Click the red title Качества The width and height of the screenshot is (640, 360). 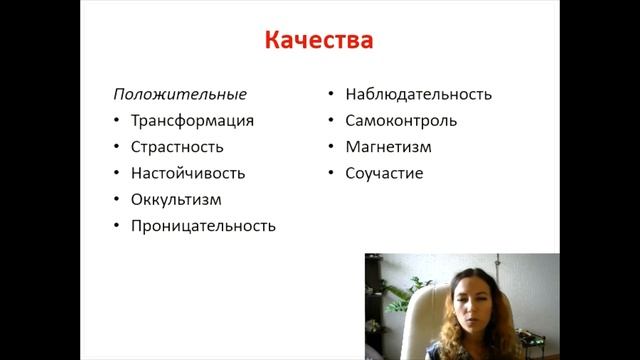click(319, 41)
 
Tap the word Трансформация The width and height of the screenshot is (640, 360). click(192, 121)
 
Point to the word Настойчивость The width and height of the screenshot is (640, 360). click(187, 173)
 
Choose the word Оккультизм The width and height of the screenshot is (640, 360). click(176, 199)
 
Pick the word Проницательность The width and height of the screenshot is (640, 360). click(203, 225)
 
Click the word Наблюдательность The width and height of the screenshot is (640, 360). click(418, 95)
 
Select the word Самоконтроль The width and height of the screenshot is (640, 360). click(401, 121)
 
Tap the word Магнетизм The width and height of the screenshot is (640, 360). click(389, 147)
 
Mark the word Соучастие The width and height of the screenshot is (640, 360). click(384, 173)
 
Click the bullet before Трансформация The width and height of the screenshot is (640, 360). click(116, 122)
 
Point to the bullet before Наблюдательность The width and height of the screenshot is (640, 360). click(330, 96)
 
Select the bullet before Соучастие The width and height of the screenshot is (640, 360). click(330, 174)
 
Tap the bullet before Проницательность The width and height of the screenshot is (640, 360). click(116, 226)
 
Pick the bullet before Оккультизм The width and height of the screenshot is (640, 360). click(116, 200)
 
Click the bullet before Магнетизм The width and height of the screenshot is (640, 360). click(330, 148)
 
